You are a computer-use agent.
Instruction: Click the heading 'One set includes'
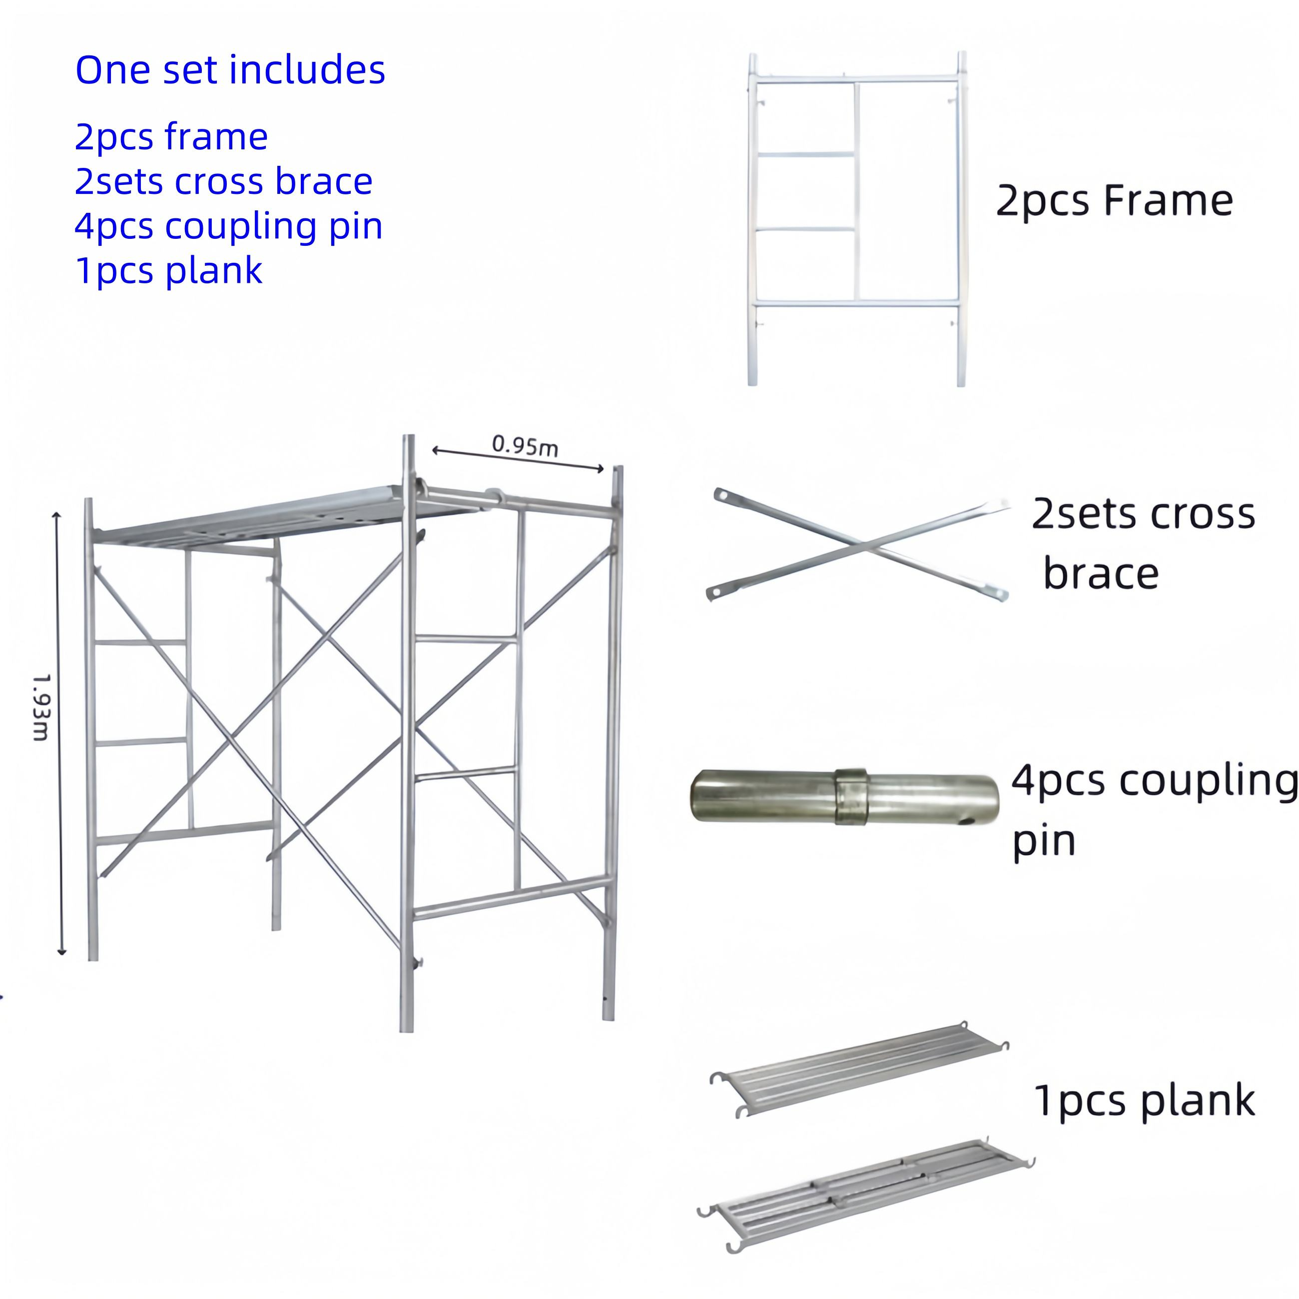pyautogui.click(x=230, y=69)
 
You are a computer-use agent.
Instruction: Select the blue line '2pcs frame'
pyautogui.click(x=171, y=137)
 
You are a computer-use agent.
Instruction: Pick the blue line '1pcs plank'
pyautogui.click(x=168, y=271)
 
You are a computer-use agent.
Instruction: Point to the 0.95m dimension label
pyautogui.click(x=525, y=445)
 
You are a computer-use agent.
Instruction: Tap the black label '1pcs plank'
pyautogui.click(x=1144, y=1101)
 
